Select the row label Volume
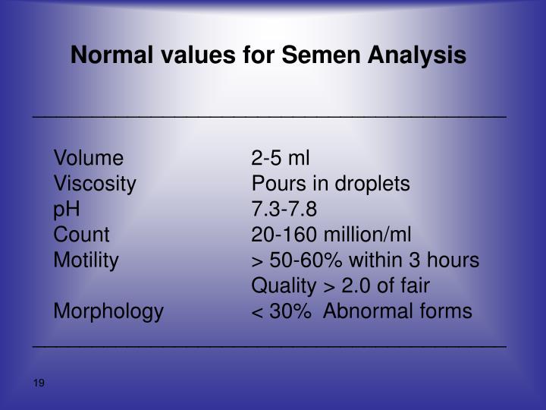click(x=88, y=158)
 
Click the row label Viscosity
click(x=95, y=184)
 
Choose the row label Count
click(x=81, y=235)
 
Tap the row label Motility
click(x=86, y=260)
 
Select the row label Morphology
click(x=108, y=311)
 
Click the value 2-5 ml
click(x=281, y=158)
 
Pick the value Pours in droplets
click(x=331, y=184)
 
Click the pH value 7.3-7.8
click(x=284, y=210)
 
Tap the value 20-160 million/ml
click(x=332, y=235)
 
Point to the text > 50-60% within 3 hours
click(x=365, y=260)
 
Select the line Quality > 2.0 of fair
click(x=340, y=286)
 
